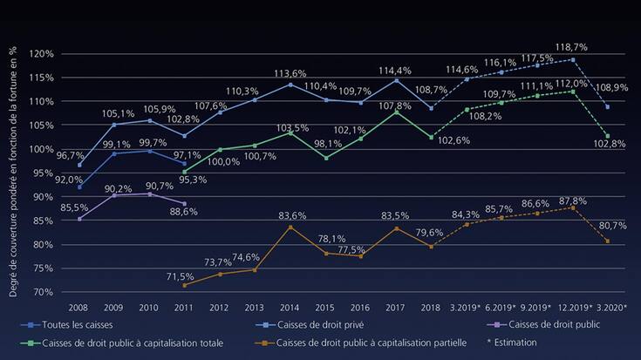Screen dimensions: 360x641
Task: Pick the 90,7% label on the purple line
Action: coord(160,186)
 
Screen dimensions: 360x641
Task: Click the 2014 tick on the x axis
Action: coord(290,308)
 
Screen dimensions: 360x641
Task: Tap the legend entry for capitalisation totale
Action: coord(133,343)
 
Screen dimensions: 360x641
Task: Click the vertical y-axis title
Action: coord(14,173)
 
